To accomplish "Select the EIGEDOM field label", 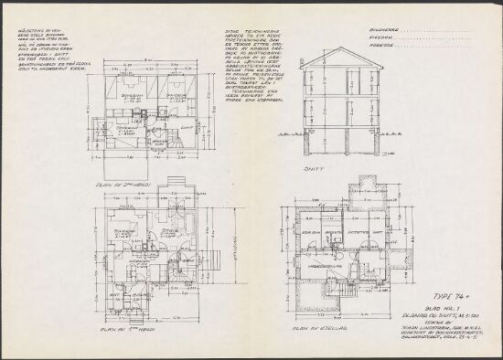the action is pyautogui.click(x=381, y=37).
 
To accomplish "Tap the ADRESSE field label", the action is pyautogui.click(x=381, y=44).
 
